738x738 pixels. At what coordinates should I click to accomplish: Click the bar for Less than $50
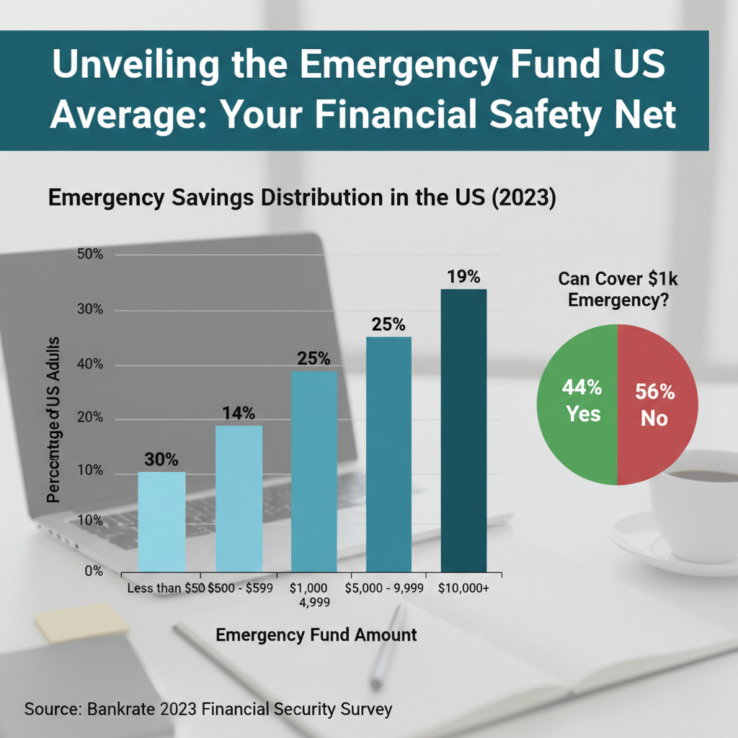pyautogui.click(x=161, y=520)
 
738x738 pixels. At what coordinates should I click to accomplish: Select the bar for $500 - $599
pyautogui.click(x=239, y=497)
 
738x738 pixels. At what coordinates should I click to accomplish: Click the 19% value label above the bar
pyautogui.click(x=463, y=277)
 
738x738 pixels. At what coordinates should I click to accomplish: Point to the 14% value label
pyautogui.click(x=239, y=414)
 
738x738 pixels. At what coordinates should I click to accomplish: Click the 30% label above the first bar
pyautogui.click(x=161, y=460)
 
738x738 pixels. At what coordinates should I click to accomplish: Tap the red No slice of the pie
pyautogui.click(x=656, y=404)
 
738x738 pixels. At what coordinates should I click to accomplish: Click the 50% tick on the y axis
pyautogui.click(x=90, y=255)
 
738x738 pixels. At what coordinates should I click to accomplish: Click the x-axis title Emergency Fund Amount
pyautogui.click(x=316, y=635)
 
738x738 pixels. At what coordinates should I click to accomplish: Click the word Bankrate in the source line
pyautogui.click(x=121, y=709)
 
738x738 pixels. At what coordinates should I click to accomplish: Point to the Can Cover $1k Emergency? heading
pyautogui.click(x=618, y=290)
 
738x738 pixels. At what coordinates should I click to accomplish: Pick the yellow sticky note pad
pyautogui.click(x=80, y=621)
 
